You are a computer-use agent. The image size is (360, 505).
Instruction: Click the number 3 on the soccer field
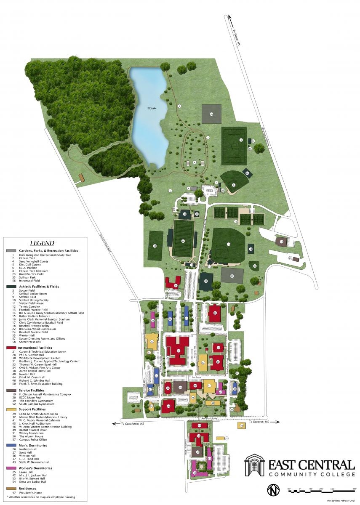[241, 140]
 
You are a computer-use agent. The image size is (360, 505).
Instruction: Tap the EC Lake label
[152, 109]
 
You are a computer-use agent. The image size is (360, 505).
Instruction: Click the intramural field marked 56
[211, 114]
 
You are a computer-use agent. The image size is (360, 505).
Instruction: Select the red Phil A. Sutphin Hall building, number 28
[215, 313]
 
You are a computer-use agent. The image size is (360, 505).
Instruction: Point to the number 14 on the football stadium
[183, 241]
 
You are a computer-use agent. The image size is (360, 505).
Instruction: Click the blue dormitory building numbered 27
[186, 319]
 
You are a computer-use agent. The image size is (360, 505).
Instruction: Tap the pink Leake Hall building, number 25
[153, 322]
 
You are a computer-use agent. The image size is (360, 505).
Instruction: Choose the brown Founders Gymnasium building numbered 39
[181, 388]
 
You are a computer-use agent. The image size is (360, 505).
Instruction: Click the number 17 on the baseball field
[228, 244]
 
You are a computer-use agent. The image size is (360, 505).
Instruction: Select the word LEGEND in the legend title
[42, 243]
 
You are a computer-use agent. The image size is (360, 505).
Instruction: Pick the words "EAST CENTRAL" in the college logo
[312, 465]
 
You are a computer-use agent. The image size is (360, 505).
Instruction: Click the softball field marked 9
[233, 185]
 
